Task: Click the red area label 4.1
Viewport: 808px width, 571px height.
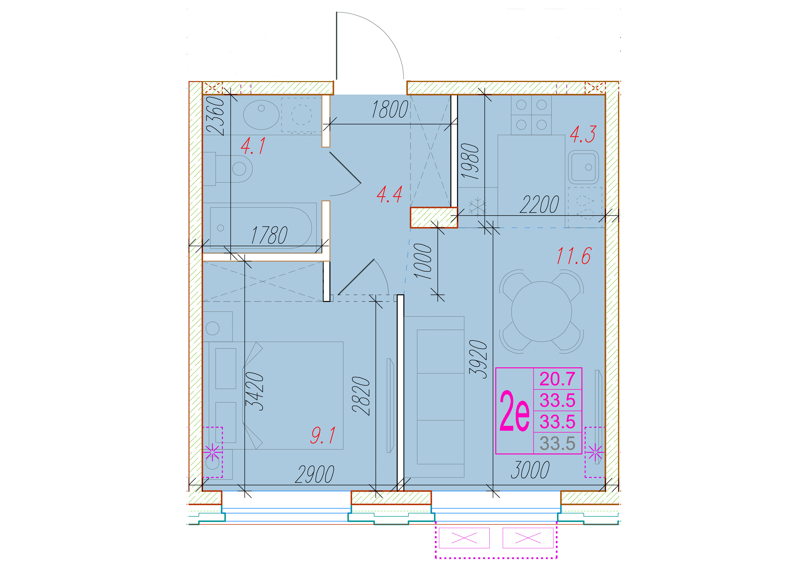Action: [253, 146]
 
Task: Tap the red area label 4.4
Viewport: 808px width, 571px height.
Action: [389, 195]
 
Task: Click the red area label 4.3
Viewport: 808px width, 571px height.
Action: [583, 134]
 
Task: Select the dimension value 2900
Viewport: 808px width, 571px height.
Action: [315, 474]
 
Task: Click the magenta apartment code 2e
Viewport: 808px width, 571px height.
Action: [515, 411]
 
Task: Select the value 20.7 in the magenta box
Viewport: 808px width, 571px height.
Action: [557, 379]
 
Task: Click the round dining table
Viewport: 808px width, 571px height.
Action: [542, 311]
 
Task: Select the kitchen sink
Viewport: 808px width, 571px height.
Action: [583, 167]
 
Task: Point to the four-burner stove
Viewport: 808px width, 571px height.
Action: [531, 115]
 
